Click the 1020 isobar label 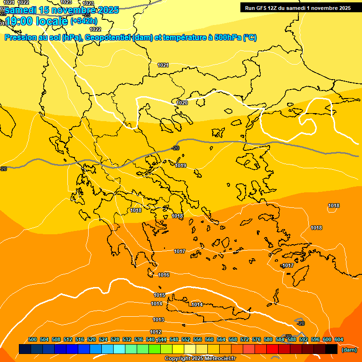pos(182,103)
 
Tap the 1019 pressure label pos(181,165)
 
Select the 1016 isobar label pos(164,275)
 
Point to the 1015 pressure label pos(159,295)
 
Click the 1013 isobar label pos(158,320)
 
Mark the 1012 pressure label pos(156,332)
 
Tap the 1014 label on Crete pos(197,304)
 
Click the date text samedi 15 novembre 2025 pos(61,10)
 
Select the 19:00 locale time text pos(36,21)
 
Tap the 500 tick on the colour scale pos(33,339)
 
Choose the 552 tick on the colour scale pos(186,339)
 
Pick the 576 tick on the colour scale pos(256,339)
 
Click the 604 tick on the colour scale pos(338,339)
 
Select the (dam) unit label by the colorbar pos(349,350)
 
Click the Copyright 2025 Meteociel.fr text pos(200,359)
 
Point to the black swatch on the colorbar pos(331,349)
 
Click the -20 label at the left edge pos(3,169)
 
